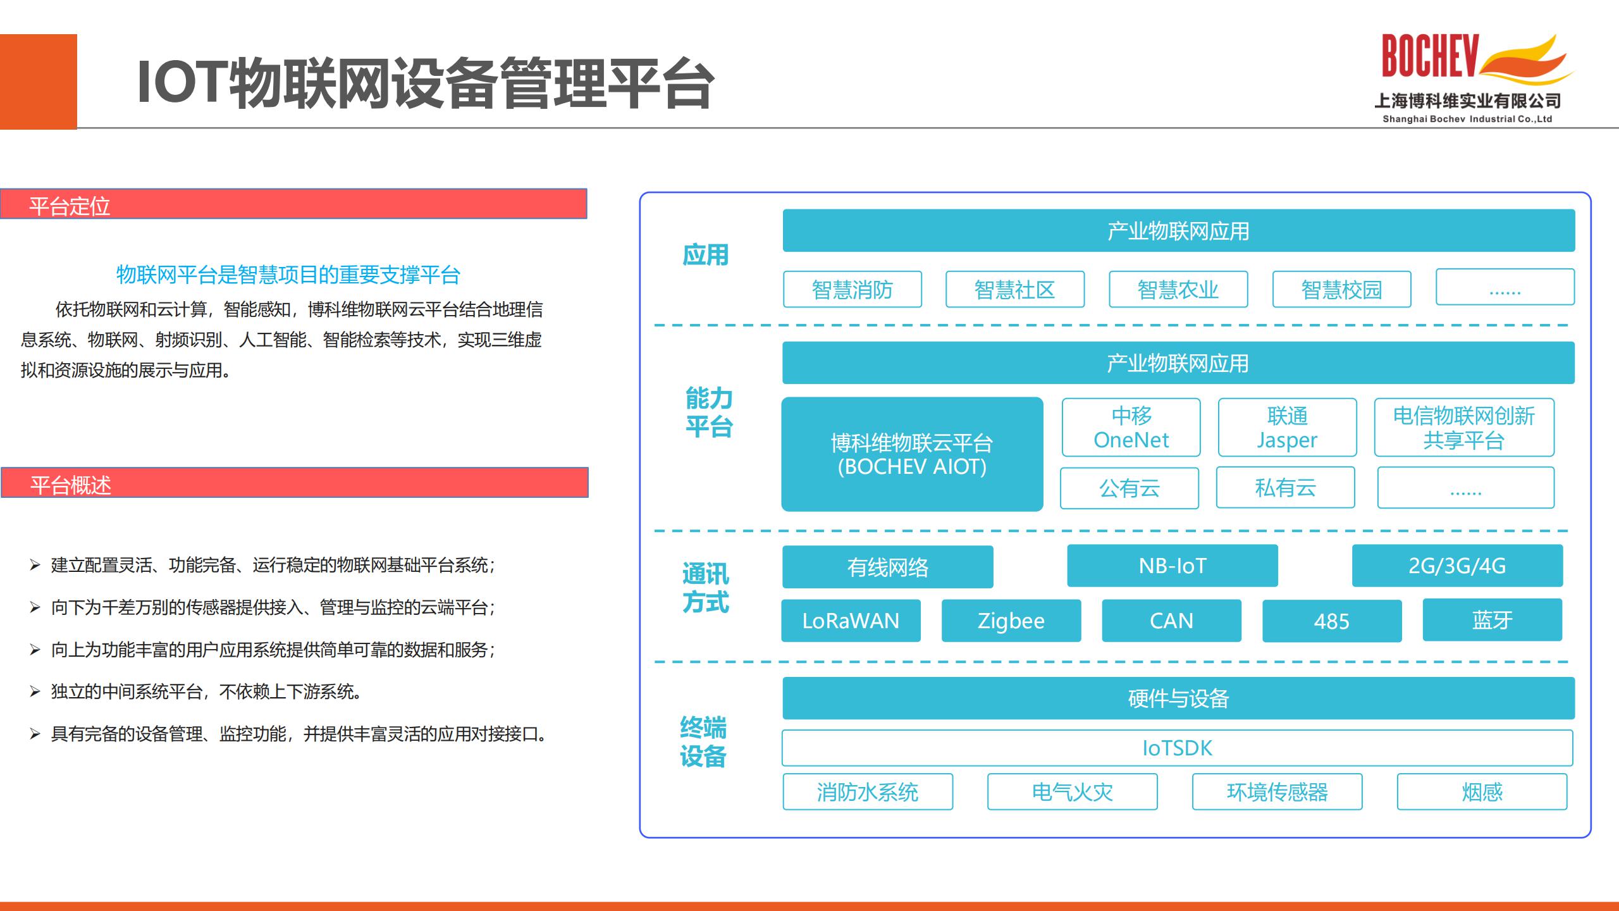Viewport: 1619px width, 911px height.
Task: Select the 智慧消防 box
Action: coord(853,290)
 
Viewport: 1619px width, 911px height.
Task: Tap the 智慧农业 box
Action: coord(1178,290)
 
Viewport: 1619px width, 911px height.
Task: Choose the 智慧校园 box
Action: coord(1342,290)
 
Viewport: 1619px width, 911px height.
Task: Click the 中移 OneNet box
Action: coord(1131,428)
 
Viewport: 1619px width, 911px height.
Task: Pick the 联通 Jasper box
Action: coord(1288,428)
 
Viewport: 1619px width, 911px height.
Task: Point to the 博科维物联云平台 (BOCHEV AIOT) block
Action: coord(912,454)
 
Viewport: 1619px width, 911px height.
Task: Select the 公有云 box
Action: coord(1130,488)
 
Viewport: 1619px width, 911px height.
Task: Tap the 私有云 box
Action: coord(1286,488)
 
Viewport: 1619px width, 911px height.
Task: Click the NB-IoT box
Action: coord(1173,566)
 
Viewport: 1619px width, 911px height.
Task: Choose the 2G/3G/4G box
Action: coord(1458,566)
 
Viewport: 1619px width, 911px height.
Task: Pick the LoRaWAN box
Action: coord(851,621)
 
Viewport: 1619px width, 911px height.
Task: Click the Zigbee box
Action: coord(1011,621)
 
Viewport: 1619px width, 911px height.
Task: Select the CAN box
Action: coord(1172,621)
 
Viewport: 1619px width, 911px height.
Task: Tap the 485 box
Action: coord(1332,621)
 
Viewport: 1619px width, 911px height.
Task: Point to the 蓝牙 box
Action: coord(1493,620)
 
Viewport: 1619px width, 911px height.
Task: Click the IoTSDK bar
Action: coord(1178,748)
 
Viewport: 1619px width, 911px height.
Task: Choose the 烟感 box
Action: coord(1482,791)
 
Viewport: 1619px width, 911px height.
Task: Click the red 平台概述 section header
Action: coord(295,483)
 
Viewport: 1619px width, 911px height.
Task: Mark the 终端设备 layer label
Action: coord(703,742)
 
